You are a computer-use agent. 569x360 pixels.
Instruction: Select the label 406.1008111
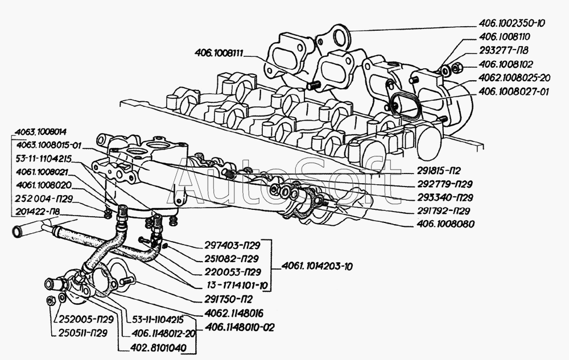point(219,53)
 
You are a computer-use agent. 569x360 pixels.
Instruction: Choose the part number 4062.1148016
point(234,312)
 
